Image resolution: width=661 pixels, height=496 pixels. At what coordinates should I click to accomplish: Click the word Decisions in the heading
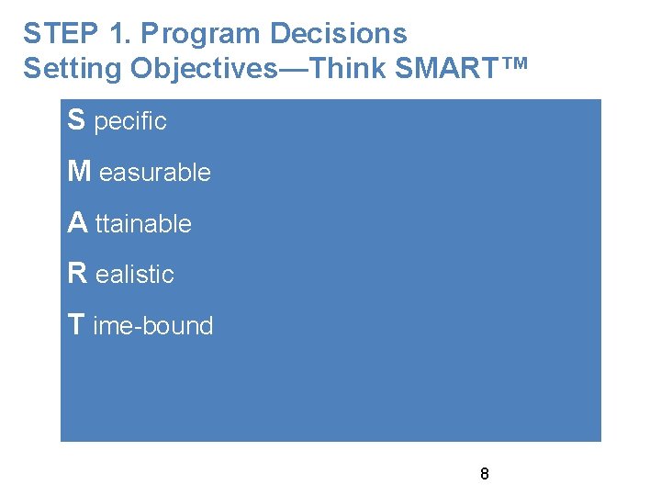[x=338, y=34]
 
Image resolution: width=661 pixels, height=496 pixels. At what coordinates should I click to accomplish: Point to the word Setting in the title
[x=73, y=69]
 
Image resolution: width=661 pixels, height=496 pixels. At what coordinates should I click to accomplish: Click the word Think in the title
[x=353, y=69]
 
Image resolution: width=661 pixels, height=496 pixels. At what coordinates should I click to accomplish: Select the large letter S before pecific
[x=77, y=119]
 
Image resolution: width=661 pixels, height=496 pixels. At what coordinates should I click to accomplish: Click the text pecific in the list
[x=130, y=122]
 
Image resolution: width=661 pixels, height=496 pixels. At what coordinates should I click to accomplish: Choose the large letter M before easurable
[x=79, y=171]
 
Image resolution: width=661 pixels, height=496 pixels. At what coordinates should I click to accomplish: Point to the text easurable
[x=155, y=173]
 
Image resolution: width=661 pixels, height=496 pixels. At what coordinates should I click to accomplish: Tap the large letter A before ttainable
[x=77, y=222]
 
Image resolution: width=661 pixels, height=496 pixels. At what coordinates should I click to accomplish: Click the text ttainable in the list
[x=143, y=224]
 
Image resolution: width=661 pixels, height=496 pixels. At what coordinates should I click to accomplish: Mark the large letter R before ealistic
[x=78, y=273]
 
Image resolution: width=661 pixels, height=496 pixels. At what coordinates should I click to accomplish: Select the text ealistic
[x=135, y=275]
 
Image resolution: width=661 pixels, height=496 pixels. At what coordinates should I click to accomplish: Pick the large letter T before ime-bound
[x=77, y=324]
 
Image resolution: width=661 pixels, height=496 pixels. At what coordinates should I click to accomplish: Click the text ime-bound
[x=153, y=326]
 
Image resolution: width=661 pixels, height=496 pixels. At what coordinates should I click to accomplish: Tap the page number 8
[x=484, y=475]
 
